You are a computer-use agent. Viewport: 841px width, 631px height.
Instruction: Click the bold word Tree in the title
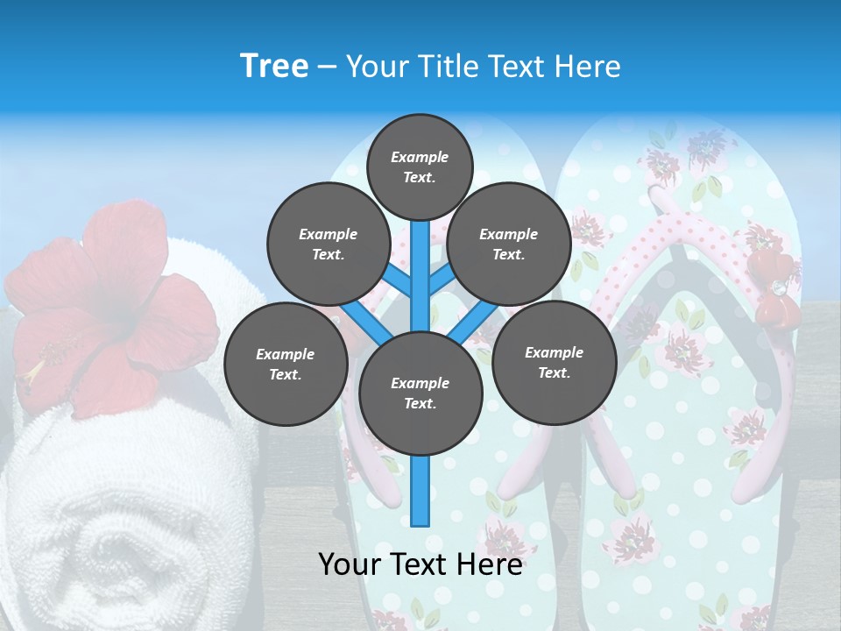(273, 67)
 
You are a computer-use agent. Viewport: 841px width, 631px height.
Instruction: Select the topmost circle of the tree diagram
(420, 167)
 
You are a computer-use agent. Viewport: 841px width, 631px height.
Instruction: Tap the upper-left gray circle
(329, 245)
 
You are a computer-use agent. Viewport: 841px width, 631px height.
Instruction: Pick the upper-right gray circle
(509, 245)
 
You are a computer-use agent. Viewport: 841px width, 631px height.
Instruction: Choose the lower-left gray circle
(286, 364)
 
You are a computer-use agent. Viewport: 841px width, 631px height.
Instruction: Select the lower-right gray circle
(555, 362)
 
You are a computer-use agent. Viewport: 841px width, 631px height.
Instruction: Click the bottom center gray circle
(420, 393)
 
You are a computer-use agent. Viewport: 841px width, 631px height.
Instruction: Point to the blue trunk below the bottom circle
(420, 491)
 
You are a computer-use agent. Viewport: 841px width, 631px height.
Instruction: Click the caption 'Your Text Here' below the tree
(420, 564)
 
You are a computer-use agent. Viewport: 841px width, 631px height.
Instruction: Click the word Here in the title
(588, 67)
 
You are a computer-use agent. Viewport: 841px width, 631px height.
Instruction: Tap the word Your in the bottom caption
(350, 564)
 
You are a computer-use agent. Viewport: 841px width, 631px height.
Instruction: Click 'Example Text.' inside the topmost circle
(420, 167)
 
